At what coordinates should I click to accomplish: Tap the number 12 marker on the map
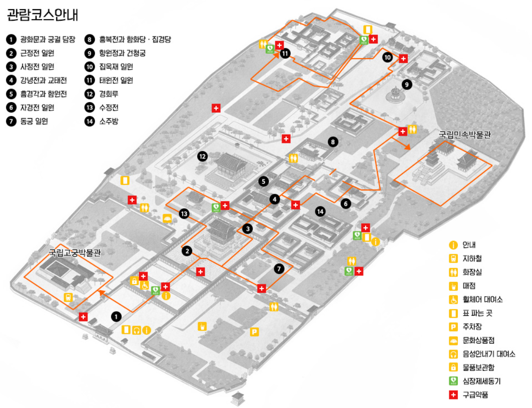(x=201, y=156)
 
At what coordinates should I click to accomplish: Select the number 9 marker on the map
(x=407, y=84)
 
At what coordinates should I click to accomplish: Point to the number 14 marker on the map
(x=320, y=211)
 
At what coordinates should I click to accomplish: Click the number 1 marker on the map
(x=116, y=316)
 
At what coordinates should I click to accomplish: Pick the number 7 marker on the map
(x=278, y=268)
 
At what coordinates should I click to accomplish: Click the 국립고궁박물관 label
(x=75, y=253)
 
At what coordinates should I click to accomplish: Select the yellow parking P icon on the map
(x=254, y=331)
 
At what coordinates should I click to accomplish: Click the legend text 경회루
(x=108, y=94)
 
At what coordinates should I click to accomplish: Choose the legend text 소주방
(x=108, y=121)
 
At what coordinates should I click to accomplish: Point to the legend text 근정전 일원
(x=37, y=53)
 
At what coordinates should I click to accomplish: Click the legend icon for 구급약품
(x=454, y=395)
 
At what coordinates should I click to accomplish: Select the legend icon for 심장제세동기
(x=454, y=382)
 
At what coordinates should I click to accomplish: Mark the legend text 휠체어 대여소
(x=482, y=300)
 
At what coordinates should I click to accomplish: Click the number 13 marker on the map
(x=185, y=214)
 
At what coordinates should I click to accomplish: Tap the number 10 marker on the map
(x=387, y=57)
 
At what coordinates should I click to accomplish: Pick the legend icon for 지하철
(x=454, y=259)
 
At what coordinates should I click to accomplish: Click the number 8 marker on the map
(x=332, y=142)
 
